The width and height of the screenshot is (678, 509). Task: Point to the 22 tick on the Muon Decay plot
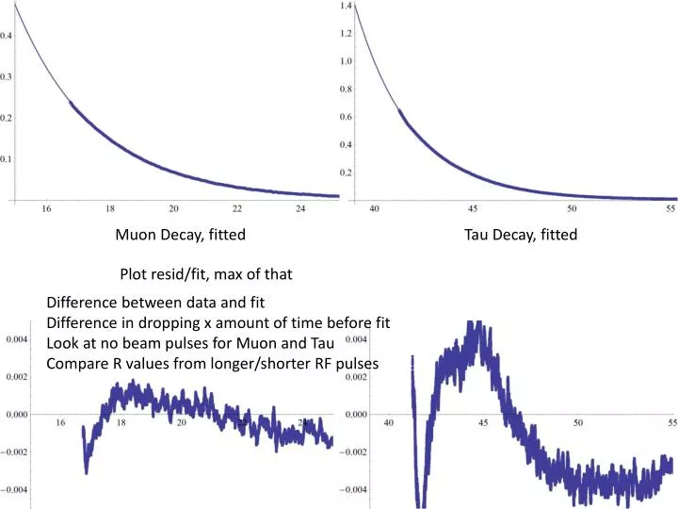[x=237, y=208]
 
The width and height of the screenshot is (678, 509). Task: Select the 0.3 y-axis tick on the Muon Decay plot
[x=7, y=76]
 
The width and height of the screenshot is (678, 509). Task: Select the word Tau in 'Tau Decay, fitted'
[x=476, y=235]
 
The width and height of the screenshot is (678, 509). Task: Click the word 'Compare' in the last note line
[x=75, y=363]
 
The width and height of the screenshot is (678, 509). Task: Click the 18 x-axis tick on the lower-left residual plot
[x=121, y=423]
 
